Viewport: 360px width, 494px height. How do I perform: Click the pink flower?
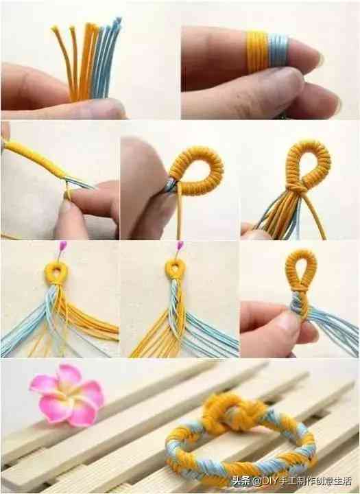pyautogui.click(x=67, y=395)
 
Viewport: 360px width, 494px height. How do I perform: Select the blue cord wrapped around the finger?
pyautogui.click(x=278, y=50)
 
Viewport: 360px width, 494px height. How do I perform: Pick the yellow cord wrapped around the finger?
pyautogui.click(x=257, y=51)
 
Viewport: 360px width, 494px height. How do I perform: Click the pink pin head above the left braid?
pyautogui.click(x=63, y=245)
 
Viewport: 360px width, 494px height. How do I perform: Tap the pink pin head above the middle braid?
pyautogui.click(x=180, y=245)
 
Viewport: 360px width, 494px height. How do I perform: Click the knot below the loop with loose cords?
pyautogui.click(x=298, y=189)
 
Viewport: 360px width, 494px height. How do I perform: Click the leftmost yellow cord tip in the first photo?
pyautogui.click(x=54, y=30)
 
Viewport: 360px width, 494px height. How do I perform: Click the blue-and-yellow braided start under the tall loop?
pyautogui.click(x=300, y=306)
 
